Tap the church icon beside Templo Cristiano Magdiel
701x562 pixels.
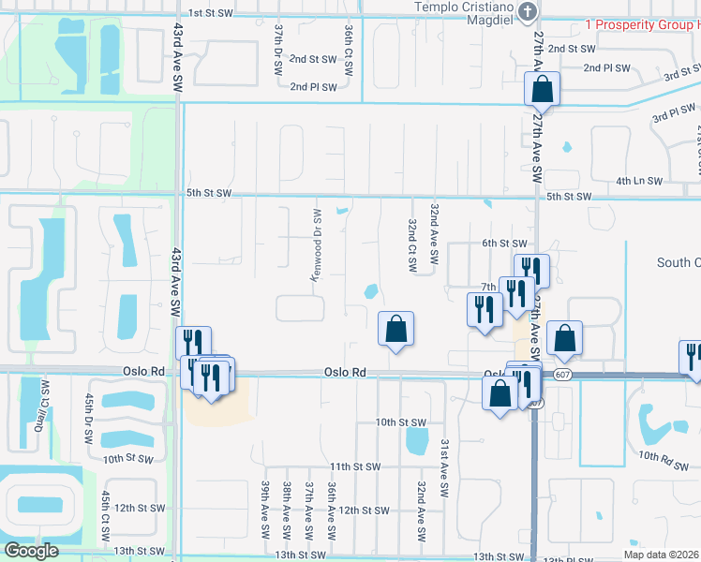(528, 11)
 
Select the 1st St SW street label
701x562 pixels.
(210, 13)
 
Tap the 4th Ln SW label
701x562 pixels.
(640, 181)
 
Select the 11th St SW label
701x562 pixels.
(353, 466)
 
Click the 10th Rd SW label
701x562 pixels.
(663, 455)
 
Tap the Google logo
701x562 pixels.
(31, 551)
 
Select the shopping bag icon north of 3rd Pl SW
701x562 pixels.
(542, 91)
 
